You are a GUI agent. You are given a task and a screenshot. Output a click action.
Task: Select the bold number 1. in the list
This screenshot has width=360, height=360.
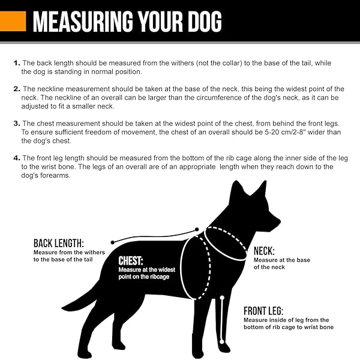tap(16, 63)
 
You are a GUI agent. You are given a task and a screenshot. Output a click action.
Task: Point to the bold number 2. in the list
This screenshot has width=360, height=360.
tap(16, 89)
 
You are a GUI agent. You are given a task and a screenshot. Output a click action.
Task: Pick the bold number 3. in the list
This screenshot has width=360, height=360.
tap(16, 124)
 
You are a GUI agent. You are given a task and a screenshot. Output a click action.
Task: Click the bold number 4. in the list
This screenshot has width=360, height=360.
tap(16, 158)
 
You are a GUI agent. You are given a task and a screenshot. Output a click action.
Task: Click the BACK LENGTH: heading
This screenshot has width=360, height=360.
tap(58, 243)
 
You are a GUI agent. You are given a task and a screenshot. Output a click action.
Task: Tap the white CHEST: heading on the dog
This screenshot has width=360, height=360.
tap(131, 261)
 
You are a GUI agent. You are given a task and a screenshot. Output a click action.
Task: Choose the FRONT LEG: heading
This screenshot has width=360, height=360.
tap(271, 311)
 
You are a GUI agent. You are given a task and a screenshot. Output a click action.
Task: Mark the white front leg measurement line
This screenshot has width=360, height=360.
tap(222, 318)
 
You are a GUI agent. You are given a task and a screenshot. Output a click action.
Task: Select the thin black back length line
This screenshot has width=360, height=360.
tap(153, 236)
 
